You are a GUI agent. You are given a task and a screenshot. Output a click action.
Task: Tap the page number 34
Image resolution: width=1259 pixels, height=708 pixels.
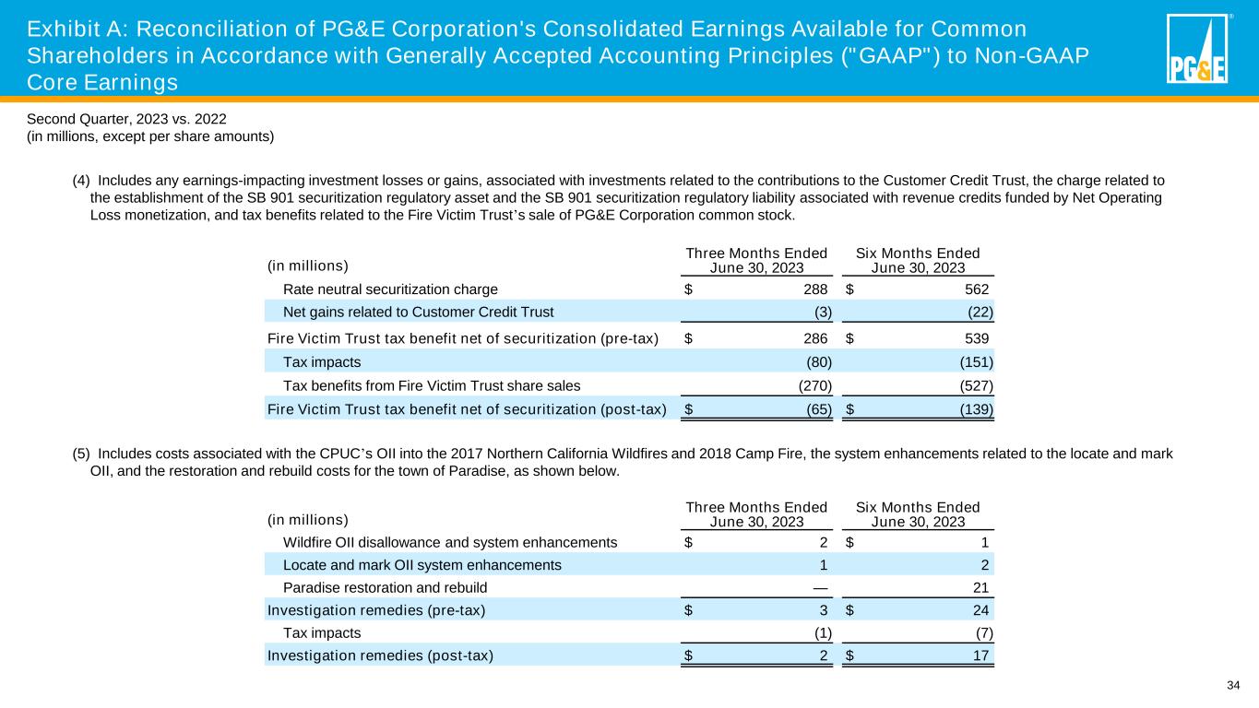tap(1233, 684)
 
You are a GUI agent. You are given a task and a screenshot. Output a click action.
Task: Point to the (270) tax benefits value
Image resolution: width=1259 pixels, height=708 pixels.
tap(814, 385)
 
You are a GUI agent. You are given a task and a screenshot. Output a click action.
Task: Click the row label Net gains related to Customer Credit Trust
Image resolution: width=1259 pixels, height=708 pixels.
tap(418, 311)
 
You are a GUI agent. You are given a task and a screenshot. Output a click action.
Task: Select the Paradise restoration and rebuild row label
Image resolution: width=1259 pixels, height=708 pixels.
tap(385, 587)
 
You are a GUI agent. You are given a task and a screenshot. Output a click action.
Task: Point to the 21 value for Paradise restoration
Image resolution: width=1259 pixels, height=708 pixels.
tap(984, 587)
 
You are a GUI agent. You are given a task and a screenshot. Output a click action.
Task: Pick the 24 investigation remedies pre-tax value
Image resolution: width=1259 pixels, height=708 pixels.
tap(983, 609)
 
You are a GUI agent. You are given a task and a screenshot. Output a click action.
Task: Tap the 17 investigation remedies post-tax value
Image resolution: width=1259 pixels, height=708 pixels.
tap(983, 655)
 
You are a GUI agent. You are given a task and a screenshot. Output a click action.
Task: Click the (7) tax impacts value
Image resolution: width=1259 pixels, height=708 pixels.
tap(984, 632)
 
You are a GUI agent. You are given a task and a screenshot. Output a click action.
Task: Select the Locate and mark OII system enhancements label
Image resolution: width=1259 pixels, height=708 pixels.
tap(422, 564)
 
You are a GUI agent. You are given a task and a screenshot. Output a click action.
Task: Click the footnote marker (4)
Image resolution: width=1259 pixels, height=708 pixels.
tap(81, 181)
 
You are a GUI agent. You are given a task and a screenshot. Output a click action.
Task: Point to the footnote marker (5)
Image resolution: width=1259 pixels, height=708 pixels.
tap(81, 454)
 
